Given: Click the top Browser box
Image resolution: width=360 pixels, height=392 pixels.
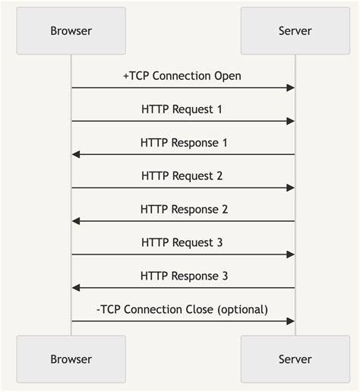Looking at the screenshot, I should [x=71, y=31].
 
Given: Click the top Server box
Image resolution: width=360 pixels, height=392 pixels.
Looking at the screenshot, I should [x=295, y=31].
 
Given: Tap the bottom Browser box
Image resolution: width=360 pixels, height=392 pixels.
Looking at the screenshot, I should [x=71, y=359].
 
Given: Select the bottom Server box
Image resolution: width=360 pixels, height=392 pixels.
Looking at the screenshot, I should [x=295, y=359].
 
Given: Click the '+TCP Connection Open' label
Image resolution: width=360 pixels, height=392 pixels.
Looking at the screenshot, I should [x=182, y=76].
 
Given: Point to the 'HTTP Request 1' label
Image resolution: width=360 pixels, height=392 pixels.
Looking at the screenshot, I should [x=182, y=109].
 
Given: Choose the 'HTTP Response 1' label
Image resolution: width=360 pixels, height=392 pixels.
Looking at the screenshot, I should [x=184, y=142].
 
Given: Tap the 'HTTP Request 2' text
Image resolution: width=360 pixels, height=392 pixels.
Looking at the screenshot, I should [x=182, y=175].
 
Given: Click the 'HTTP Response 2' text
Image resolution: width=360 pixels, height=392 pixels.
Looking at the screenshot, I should [x=184, y=209].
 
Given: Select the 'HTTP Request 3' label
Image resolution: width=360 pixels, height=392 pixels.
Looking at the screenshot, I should [x=182, y=242].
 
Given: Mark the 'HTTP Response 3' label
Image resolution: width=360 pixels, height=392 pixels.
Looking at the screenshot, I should [x=184, y=276].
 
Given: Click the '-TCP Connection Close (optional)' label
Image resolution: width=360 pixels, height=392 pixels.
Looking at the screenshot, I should [x=182, y=309].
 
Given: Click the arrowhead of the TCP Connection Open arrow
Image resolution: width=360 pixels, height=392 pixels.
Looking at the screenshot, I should [x=291, y=88].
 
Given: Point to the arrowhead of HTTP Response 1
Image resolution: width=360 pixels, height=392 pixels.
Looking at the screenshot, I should [x=76, y=154].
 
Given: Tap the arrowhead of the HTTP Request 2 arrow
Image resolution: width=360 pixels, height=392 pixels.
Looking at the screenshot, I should [x=291, y=188].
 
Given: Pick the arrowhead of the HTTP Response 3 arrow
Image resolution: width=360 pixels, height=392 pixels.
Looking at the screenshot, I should [x=76, y=288].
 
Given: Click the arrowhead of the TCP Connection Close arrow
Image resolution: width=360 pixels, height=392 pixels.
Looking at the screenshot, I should [x=291, y=321].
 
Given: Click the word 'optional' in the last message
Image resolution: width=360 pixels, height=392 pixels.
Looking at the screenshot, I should [x=242, y=309].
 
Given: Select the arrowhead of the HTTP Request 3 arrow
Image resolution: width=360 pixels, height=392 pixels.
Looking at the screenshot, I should [x=291, y=254].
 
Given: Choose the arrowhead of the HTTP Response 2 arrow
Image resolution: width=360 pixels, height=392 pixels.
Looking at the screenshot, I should [x=76, y=221].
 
